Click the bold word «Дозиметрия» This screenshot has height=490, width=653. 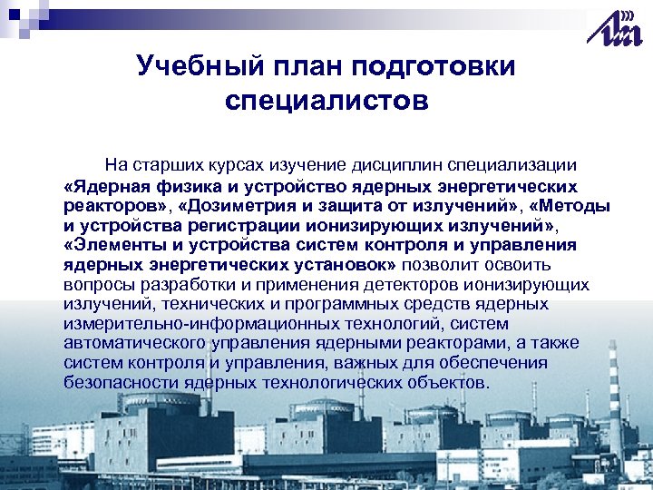[x=239, y=205]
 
